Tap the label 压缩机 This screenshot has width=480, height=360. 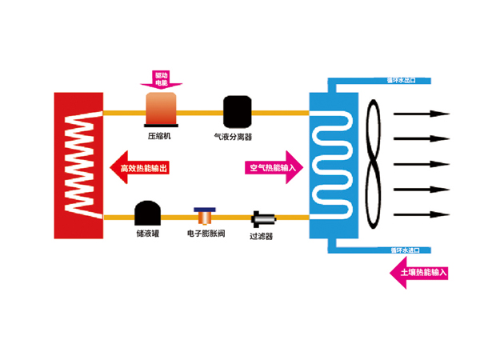tap(160, 136)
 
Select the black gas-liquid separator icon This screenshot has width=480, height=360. tap(238, 112)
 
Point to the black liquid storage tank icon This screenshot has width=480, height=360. tap(147, 214)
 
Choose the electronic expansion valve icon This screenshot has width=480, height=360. tap(205, 216)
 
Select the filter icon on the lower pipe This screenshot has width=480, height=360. tap(262, 218)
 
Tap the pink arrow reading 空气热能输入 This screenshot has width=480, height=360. tap(270, 168)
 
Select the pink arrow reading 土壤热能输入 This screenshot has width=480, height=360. tap(418, 274)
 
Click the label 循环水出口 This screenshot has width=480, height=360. tap(403, 80)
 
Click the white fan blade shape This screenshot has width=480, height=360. tap(374, 163)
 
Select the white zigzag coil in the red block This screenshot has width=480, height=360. tap(78, 165)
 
